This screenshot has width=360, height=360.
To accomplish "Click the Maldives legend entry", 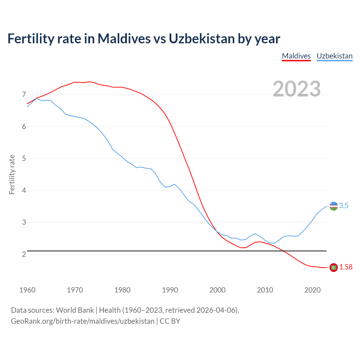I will [x=296, y=56].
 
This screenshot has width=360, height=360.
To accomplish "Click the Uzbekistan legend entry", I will [x=334, y=56].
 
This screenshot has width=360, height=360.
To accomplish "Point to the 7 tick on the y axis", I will [x=24, y=95].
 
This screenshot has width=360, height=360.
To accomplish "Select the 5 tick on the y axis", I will [x=24, y=159].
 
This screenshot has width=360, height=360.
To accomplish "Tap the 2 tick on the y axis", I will [x=24, y=254].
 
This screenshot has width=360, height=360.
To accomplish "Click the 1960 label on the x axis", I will [x=27, y=290].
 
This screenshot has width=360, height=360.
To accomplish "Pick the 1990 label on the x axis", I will [x=170, y=290].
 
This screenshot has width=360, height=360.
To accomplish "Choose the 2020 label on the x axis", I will [x=312, y=290].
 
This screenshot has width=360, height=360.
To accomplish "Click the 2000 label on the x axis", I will [x=217, y=290].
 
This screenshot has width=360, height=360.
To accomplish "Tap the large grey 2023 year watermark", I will [x=297, y=89].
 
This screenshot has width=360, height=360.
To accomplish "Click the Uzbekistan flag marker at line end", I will [x=334, y=206].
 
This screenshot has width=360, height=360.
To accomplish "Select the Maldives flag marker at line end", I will [x=334, y=267].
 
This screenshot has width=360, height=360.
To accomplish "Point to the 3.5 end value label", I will [x=344, y=206].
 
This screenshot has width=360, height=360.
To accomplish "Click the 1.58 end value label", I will [x=346, y=267].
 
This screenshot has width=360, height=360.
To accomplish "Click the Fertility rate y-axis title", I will [x=12, y=174].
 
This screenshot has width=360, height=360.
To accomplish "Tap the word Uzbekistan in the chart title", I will [x=201, y=39].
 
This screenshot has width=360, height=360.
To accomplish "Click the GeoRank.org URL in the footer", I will [x=83, y=321].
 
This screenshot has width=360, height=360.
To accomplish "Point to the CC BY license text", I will [x=170, y=321].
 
